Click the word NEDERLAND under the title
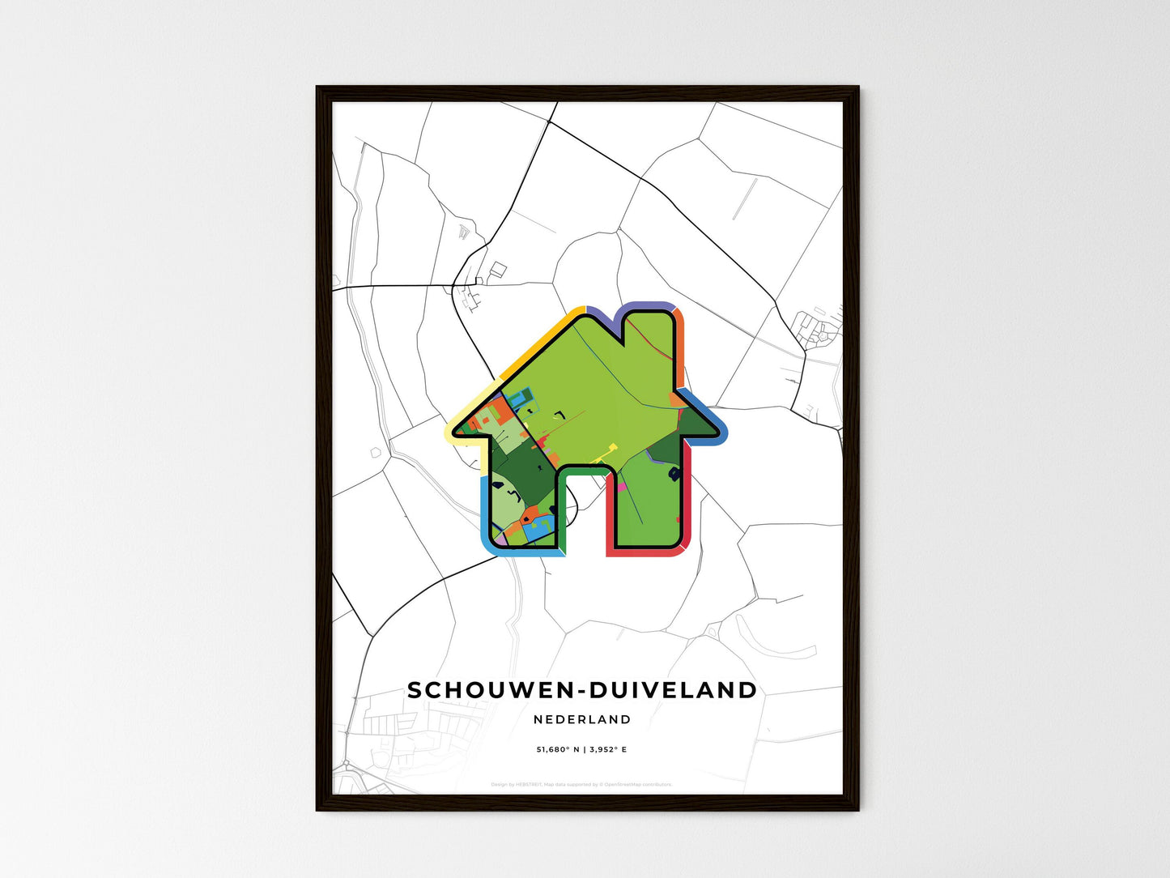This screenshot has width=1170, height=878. click(582, 719)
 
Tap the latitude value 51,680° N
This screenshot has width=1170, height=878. click(558, 750)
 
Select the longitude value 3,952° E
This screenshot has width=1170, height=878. click(607, 750)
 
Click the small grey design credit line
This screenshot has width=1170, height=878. click(581, 784)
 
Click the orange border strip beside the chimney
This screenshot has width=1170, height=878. click(680, 348)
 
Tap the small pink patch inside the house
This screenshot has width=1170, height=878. click(622, 487)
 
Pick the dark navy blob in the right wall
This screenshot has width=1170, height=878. click(674, 475)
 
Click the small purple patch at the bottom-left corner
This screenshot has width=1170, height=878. click(500, 538)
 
